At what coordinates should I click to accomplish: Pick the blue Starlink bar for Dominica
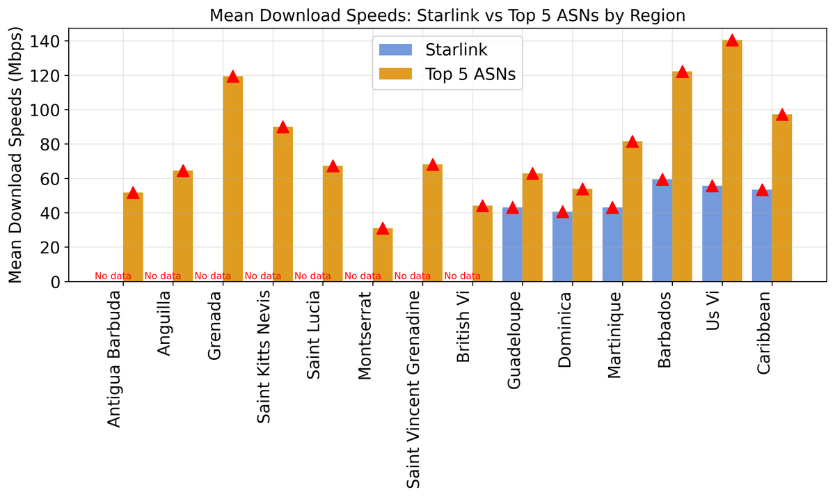(x=562, y=246)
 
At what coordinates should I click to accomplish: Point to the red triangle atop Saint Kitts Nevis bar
(x=283, y=127)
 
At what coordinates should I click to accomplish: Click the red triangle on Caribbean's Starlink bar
(x=762, y=190)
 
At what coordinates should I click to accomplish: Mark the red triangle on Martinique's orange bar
(x=632, y=142)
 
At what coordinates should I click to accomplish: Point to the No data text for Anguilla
(x=163, y=276)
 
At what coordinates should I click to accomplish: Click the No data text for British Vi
(x=463, y=276)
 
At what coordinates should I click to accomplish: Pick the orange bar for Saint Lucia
(x=333, y=223)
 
